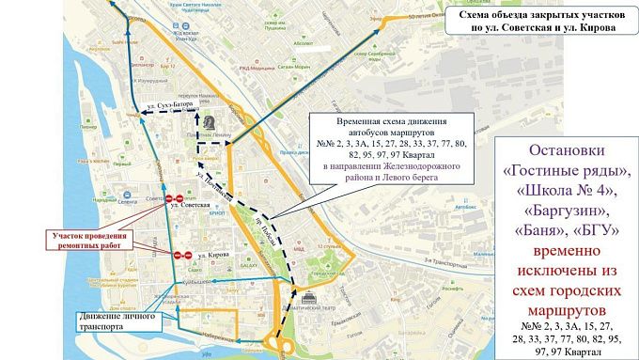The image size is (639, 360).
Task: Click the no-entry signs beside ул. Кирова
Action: pyautogui.click(x=182, y=255)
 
